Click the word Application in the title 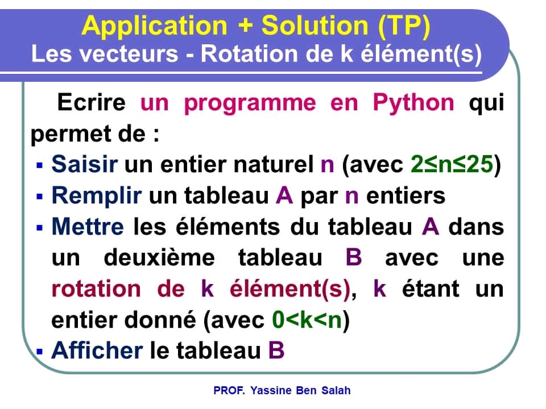(155, 26)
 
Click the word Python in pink (413, 103)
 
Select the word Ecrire (91, 103)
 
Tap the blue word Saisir (85, 165)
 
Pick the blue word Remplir (96, 196)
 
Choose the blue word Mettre (87, 227)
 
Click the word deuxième (159, 258)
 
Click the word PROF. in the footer (229, 391)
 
